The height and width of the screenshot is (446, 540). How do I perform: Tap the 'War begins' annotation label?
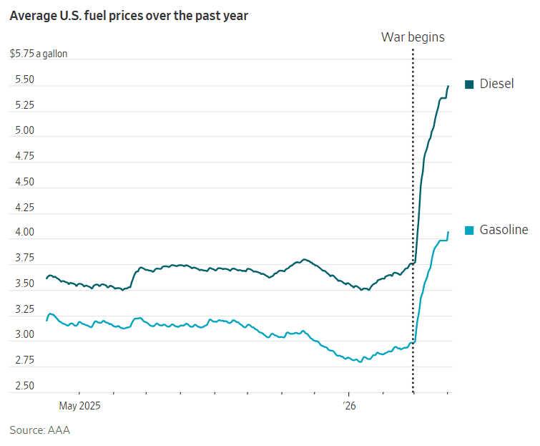click(x=412, y=37)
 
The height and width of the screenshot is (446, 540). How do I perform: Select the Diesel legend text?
click(x=496, y=84)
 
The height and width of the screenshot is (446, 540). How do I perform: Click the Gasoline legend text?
click(x=504, y=230)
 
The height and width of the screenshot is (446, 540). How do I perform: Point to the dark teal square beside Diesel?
click(x=470, y=84)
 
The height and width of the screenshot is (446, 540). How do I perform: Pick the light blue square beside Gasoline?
click(x=470, y=231)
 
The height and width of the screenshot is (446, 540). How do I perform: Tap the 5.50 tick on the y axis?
click(x=24, y=80)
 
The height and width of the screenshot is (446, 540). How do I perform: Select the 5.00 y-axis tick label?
click(x=24, y=131)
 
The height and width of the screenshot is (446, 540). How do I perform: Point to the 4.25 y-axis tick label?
click(x=24, y=208)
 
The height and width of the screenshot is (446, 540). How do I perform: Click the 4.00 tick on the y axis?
click(x=24, y=233)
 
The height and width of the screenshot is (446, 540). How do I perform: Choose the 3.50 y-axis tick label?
click(x=24, y=284)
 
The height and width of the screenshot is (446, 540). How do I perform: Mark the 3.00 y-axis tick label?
click(x=24, y=335)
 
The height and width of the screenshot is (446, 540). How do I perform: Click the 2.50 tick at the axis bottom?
click(x=24, y=386)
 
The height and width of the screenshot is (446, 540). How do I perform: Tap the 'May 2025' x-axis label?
click(x=79, y=406)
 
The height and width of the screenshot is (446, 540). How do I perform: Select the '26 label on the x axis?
click(x=348, y=406)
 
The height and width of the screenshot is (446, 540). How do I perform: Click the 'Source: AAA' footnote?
click(x=39, y=430)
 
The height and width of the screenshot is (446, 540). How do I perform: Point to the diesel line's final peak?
click(x=448, y=86)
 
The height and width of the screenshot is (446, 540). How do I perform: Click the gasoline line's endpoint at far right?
click(x=448, y=232)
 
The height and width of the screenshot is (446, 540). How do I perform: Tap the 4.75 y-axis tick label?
click(x=24, y=157)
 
